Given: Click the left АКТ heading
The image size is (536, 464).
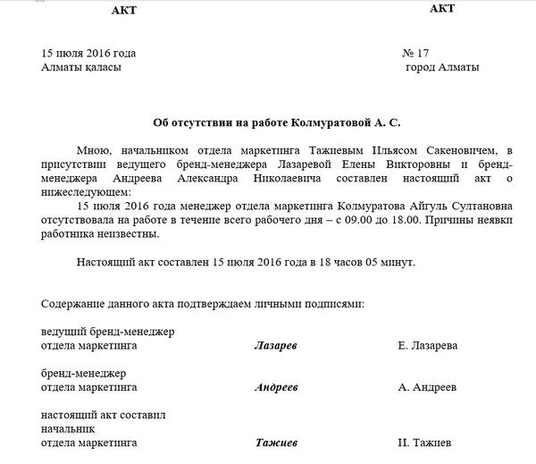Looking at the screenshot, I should point(126,10).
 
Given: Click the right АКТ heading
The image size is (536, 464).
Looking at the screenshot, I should point(441,9).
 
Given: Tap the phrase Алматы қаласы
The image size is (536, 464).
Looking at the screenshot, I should point(81,67).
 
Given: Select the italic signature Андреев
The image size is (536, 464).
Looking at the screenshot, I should point(276,388).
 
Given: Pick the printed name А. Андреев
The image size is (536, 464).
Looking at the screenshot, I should point(427,388).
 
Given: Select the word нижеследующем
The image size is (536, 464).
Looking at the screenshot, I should point(86,191).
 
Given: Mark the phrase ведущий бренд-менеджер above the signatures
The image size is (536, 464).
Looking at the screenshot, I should point(108,332).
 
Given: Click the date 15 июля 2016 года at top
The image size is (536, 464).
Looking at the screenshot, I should point(88,52).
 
